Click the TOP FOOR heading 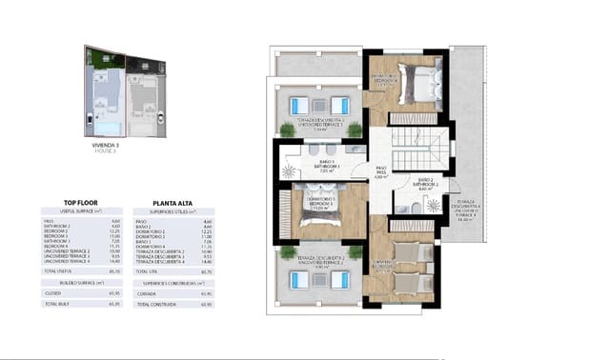pos(82,203)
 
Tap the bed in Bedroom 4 pos(409,79)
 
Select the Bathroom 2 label pos(426,184)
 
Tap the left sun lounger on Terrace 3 pos(298,105)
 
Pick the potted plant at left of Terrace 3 pos(287,129)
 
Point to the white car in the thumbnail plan pos(89,121)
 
